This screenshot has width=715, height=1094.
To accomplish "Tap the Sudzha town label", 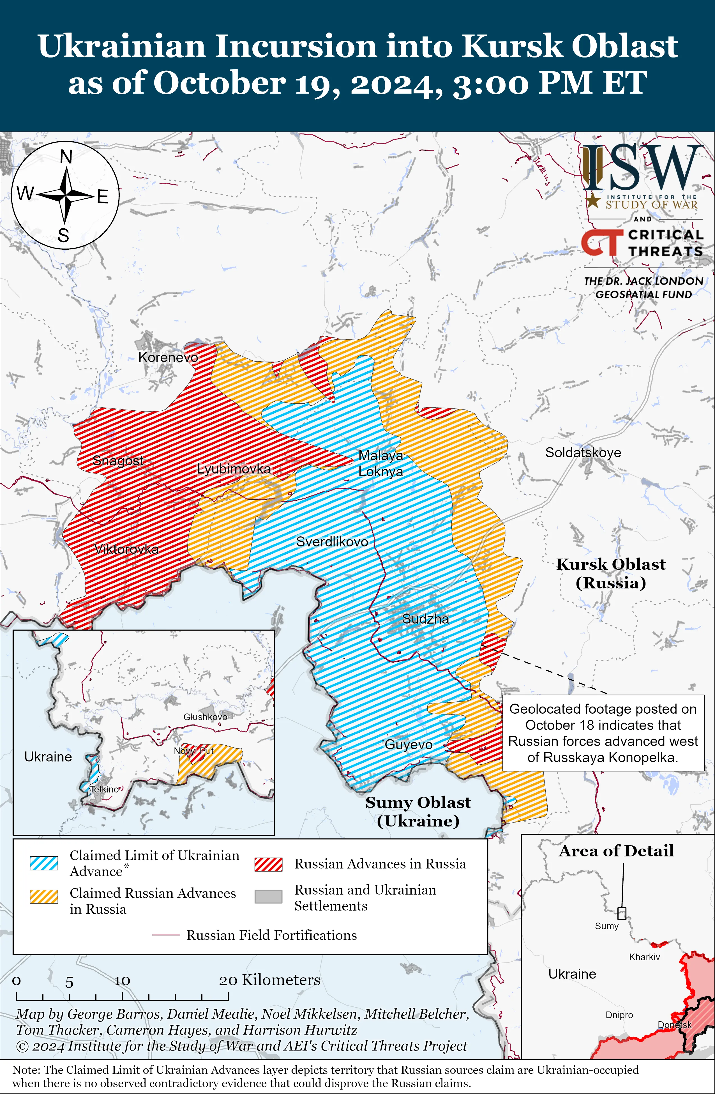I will point(426,619).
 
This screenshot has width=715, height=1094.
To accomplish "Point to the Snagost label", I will point(118,461).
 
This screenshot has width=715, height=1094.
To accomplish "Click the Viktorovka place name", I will point(126,549).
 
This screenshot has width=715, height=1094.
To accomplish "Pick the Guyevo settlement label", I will point(409,745).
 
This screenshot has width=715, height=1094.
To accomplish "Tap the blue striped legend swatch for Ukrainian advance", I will point(44,863).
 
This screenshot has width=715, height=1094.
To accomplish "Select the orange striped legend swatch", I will point(44,897).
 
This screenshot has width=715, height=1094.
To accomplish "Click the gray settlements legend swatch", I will point(268,897).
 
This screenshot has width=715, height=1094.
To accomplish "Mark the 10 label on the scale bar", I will point(122,981).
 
